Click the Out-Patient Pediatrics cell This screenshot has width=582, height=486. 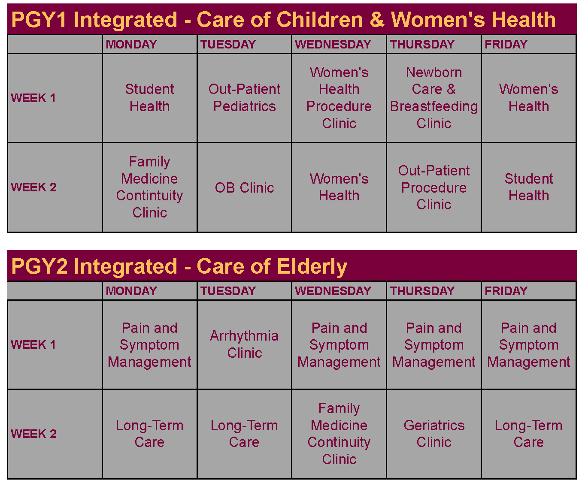click(244, 98)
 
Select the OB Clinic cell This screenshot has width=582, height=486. click(244, 187)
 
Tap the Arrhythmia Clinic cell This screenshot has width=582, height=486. click(244, 344)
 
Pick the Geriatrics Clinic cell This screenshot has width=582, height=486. click(434, 434)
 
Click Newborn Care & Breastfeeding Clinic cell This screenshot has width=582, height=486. click(434, 98)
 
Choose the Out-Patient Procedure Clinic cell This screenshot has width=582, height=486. click(434, 187)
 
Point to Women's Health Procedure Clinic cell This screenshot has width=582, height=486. click(339, 98)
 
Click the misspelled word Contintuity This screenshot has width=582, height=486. click(149, 195)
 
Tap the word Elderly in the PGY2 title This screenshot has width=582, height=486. click(312, 267)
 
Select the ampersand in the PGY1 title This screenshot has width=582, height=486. click(377, 19)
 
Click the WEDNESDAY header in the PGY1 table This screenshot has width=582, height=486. click(333, 44)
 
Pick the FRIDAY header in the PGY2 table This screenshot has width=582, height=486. click(506, 291)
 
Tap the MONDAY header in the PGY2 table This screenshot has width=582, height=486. click(131, 291)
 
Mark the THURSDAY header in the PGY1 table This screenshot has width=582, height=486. click(422, 44)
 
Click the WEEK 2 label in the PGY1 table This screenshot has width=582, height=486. click(33, 187)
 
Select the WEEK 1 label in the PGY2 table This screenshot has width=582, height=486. click(33, 344)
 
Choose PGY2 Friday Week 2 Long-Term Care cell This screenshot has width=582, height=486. click(528, 434)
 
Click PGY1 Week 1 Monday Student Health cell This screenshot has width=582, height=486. click(149, 98)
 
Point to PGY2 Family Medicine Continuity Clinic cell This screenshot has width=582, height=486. click(339, 434)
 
